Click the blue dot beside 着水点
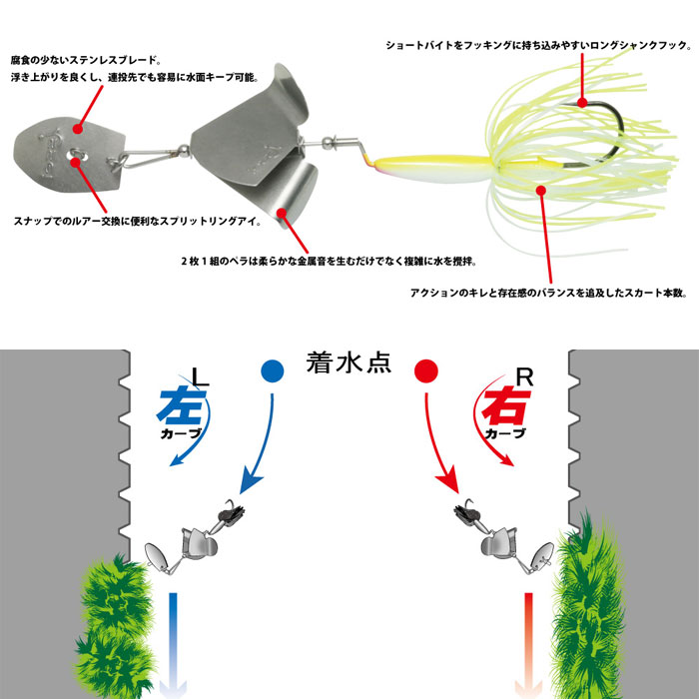[x=272, y=370]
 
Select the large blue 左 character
[x=180, y=406]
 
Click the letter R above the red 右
[x=525, y=378]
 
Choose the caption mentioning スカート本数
[x=549, y=294]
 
